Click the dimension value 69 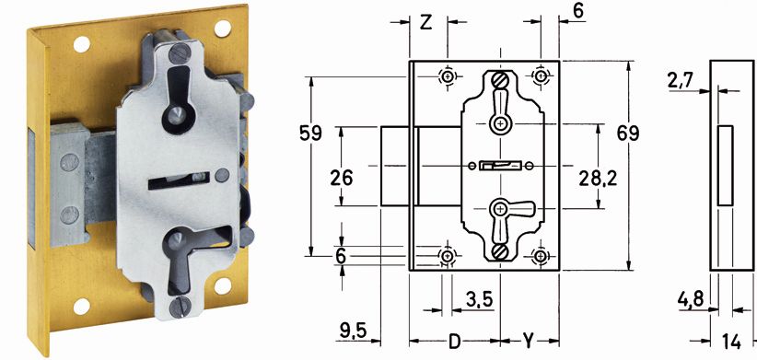click(628, 134)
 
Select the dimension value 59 click(310, 134)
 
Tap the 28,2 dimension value click(599, 179)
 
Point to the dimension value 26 click(342, 178)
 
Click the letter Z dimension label click(425, 23)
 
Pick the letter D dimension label click(454, 343)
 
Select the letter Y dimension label click(529, 343)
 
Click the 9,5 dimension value click(354, 331)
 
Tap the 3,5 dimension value click(480, 299)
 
